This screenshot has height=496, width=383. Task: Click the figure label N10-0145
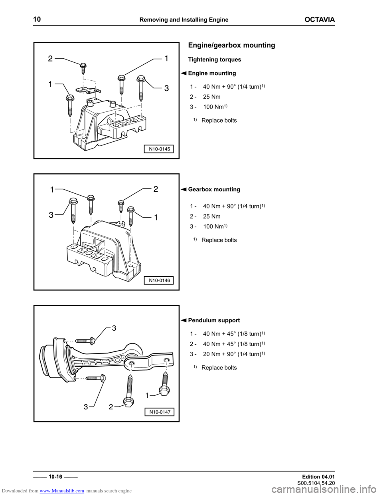tap(159, 149)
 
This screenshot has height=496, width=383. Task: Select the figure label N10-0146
tap(159, 280)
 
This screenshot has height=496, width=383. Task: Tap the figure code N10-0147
tap(160, 412)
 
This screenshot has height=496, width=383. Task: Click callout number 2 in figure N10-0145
tap(50, 59)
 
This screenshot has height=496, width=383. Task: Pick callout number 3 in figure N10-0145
tap(166, 89)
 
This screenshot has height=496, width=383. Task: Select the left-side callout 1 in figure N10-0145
tap(50, 85)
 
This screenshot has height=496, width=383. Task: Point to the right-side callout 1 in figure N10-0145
tap(166, 58)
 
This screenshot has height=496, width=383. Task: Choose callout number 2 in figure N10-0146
tap(156, 189)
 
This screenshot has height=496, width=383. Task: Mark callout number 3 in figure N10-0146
tap(51, 215)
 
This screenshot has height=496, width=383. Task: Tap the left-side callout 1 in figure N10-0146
tap(52, 190)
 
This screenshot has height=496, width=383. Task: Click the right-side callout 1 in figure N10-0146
tap(156, 217)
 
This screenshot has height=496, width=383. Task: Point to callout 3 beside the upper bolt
tap(114, 328)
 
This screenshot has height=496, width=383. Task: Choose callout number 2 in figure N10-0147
tap(111, 407)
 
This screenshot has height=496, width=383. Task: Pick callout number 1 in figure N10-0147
tap(147, 395)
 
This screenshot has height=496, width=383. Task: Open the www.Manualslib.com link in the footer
tap(62, 491)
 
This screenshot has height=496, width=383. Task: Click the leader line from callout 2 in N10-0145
tap(71, 61)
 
